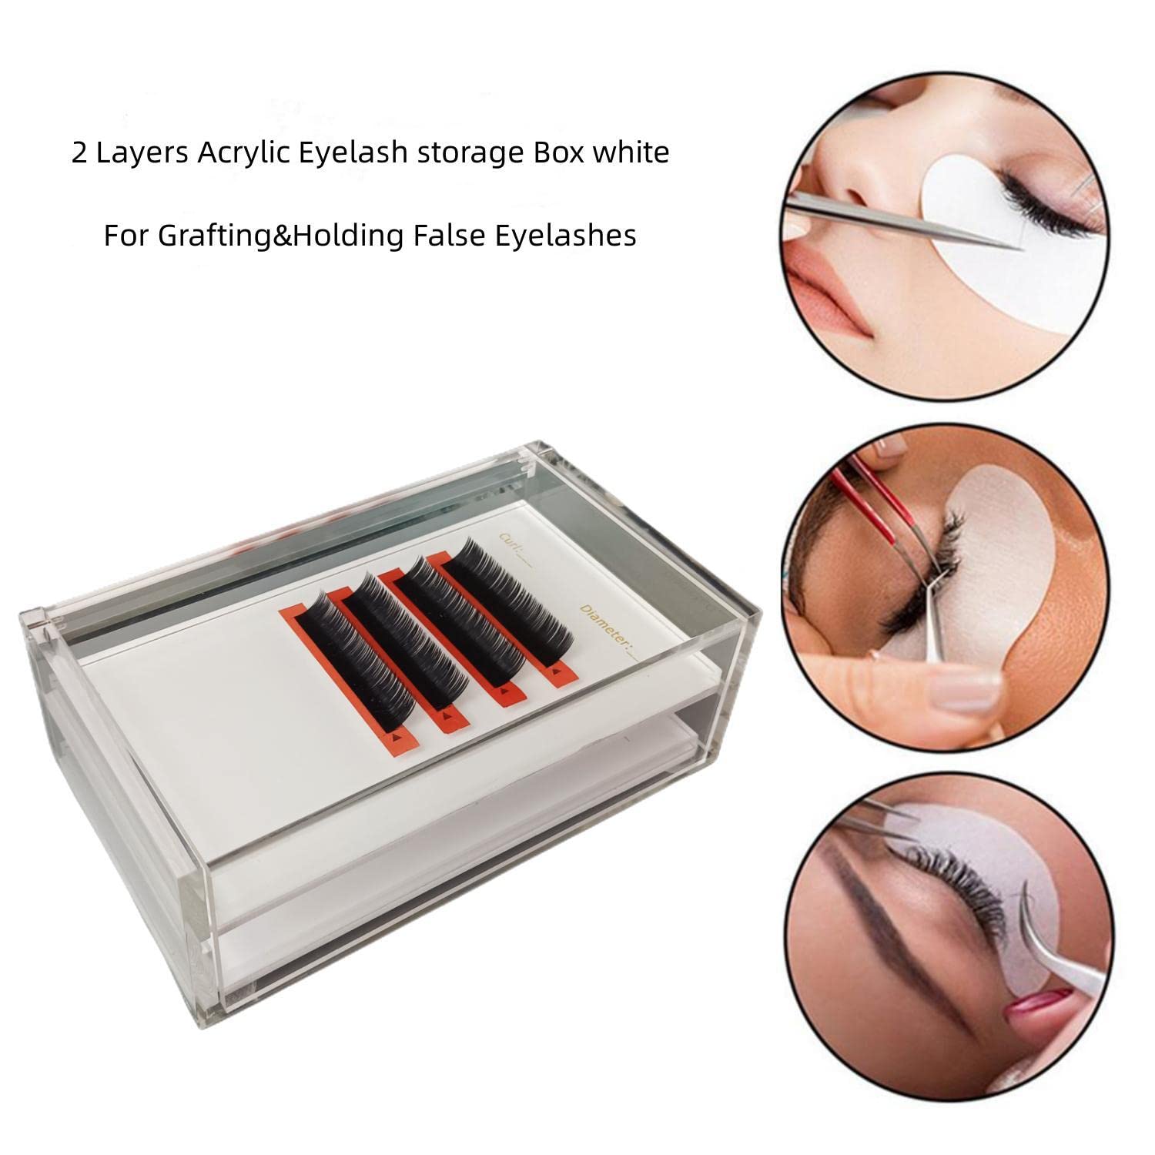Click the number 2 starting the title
coord(79,153)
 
